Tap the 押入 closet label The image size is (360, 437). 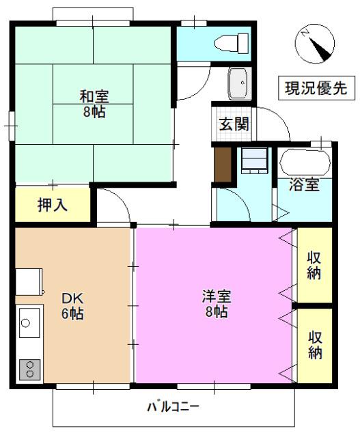pyautogui.click(x=53, y=204)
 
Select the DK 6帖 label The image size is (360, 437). pyautogui.click(x=72, y=305)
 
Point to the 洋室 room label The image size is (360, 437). pyautogui.click(x=215, y=303)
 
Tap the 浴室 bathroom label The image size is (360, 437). pyautogui.click(x=304, y=184)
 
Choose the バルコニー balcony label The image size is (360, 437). pyautogui.click(x=173, y=408)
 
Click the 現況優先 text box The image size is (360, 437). pyautogui.click(x=316, y=88)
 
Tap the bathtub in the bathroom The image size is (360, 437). pyautogui.click(x=305, y=162)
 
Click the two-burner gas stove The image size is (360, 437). pyautogui.click(x=29, y=369)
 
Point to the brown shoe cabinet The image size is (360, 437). pyautogui.click(x=223, y=164)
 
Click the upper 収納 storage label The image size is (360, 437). pyautogui.click(x=315, y=265)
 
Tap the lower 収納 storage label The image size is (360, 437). pyautogui.click(x=315, y=345)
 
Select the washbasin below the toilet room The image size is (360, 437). pyautogui.click(x=239, y=83)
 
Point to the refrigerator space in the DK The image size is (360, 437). pyautogui.click(x=29, y=281)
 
